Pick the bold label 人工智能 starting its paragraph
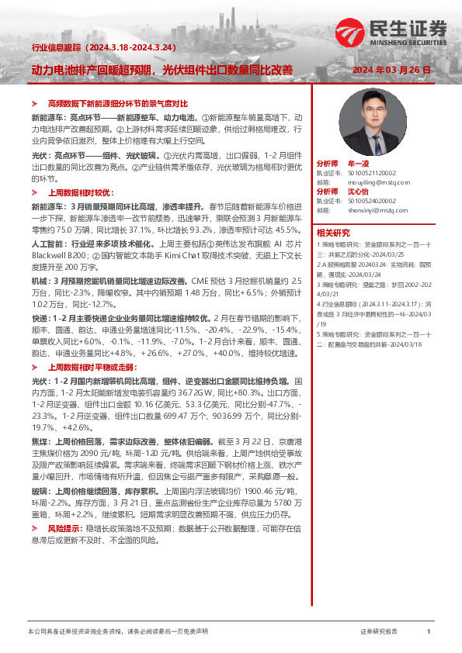(x=47, y=265)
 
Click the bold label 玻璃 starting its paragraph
(x=39, y=492)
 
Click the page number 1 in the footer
(x=428, y=633)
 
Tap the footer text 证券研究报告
(x=379, y=633)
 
